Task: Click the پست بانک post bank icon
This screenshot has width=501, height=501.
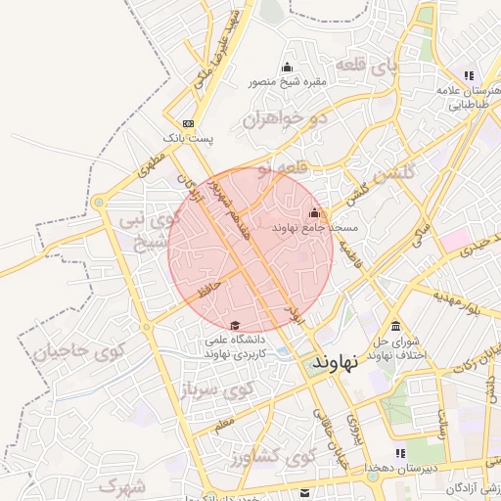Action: [x=188, y=123]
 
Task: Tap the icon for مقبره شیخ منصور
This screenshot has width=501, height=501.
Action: [x=287, y=68]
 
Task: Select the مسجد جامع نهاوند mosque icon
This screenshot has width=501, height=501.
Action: [x=314, y=213]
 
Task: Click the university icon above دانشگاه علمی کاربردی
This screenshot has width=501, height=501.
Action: [x=234, y=326]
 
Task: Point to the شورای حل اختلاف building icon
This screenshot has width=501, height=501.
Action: [x=395, y=326]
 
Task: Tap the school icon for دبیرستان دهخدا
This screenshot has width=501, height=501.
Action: [x=399, y=453]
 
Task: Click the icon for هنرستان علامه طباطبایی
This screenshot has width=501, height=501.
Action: [x=469, y=75]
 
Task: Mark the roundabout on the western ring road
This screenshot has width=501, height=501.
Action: [x=99, y=203]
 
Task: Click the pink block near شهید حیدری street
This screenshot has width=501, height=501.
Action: [x=453, y=238]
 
